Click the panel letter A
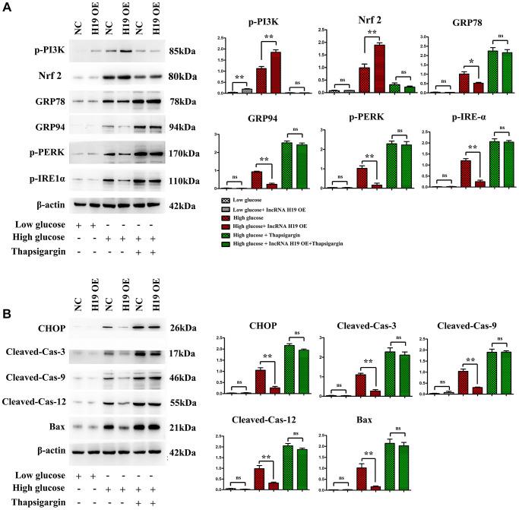click(8, 8)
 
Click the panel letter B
click(8, 290)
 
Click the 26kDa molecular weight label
click(184, 328)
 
